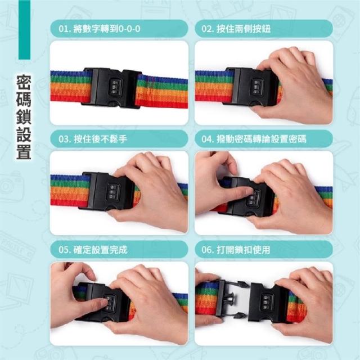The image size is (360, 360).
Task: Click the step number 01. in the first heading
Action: (65, 29)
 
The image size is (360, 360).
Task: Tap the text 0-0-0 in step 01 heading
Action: (129, 29)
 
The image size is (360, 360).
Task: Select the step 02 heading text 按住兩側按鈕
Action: (244, 29)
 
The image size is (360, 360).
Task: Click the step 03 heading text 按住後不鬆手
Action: (100, 139)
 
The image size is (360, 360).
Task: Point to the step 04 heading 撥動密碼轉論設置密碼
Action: (262, 139)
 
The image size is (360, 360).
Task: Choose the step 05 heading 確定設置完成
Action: (100, 250)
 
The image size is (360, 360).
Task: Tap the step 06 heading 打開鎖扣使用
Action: (244, 250)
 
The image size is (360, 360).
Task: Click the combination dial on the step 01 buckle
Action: (115, 87)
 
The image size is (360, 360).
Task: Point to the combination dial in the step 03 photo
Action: (113, 191)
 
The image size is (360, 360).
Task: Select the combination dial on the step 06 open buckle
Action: (266, 303)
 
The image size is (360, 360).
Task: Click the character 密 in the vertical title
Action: (24, 82)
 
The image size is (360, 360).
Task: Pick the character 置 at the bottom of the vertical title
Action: (24, 151)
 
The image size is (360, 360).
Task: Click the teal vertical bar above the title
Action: (24, 30)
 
